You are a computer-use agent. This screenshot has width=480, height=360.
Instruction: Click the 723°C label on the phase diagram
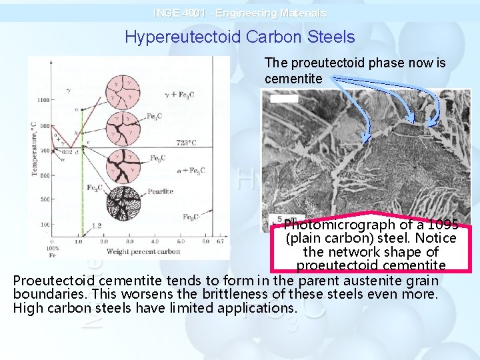point(186,142)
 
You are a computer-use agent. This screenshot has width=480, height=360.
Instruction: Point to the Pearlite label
point(161,191)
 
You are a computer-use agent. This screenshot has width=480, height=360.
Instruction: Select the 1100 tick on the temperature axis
point(43,100)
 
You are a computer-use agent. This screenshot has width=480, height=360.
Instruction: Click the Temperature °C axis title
point(34,147)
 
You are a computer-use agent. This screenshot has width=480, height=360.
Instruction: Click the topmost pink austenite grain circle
point(124,91)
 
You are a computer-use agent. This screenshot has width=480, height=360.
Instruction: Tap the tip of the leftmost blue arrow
point(365,142)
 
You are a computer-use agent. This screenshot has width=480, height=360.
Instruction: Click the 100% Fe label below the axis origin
point(53,251)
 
